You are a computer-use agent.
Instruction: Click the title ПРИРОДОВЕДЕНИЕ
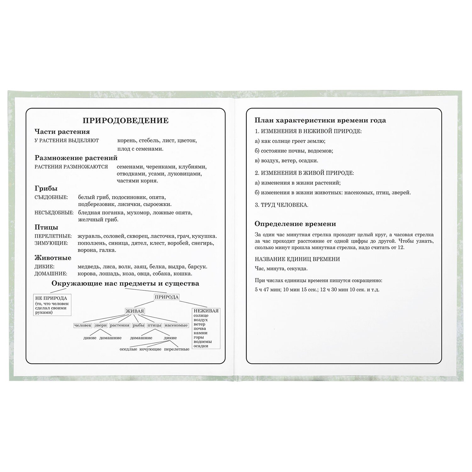tap(125, 121)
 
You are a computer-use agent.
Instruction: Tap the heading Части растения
tap(62, 132)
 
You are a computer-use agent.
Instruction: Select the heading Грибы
tap(46, 188)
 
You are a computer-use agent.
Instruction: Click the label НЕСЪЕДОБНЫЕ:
tap(54, 213)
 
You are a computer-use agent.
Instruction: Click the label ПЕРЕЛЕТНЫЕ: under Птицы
tap(53, 236)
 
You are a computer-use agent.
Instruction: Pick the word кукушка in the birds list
tap(205, 236)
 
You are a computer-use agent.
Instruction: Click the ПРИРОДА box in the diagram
tap(166, 297)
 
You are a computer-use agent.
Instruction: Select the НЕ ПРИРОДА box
tap(52, 304)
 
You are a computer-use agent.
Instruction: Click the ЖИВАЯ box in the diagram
tap(135, 311)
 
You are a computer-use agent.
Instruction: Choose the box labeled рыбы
tap(138, 325)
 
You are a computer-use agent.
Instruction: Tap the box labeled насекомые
tap(176, 325)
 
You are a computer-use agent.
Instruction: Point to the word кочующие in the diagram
tap(150, 349)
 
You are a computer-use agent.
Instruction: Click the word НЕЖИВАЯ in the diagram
tap(206, 311)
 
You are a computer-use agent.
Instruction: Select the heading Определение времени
tap(295, 224)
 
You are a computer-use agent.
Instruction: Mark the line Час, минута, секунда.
tap(281, 269)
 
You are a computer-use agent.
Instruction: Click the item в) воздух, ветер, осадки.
tap(286, 160)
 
